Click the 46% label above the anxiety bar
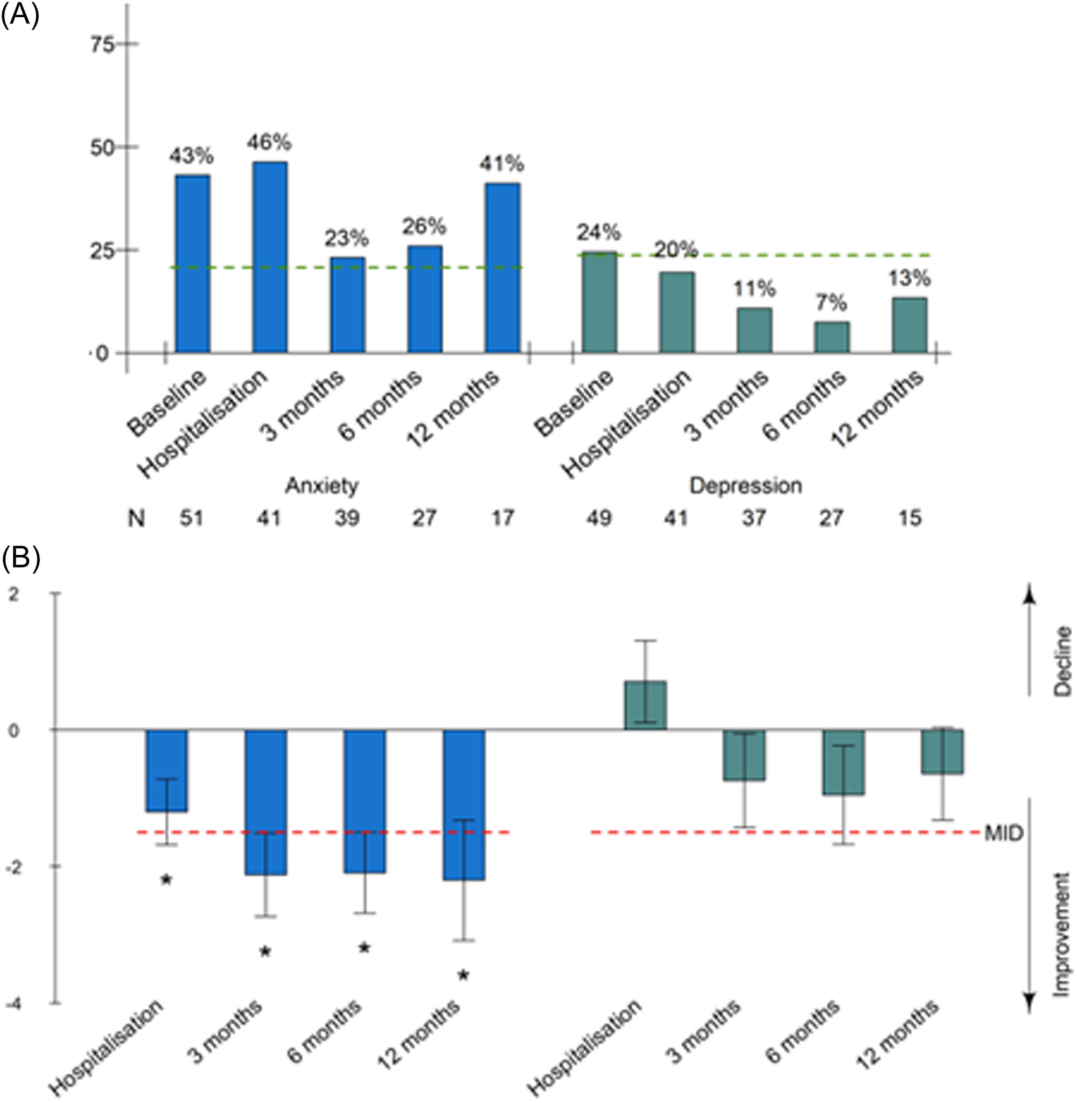point(269,143)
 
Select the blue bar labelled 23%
point(347,305)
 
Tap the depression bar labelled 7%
point(831,337)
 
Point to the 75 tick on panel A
point(103,44)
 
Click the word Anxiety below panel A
point(321,486)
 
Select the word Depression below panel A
point(745,486)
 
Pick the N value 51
point(191,518)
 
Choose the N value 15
point(910,518)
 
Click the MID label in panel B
point(1004,833)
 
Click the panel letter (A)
point(20,16)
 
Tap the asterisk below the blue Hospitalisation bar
point(166,879)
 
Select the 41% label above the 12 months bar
point(502,164)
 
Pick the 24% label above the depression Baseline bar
point(598,233)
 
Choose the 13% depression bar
point(909,325)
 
